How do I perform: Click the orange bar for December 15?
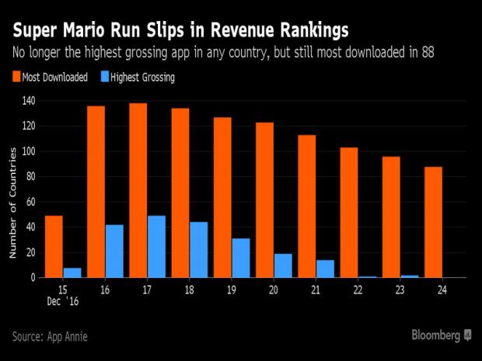pos(54,246)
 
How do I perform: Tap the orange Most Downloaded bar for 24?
pos(434,221)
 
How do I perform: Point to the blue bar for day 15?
pos(72,272)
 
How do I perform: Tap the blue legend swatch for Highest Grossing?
pos(103,77)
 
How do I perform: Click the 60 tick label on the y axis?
pos(30,202)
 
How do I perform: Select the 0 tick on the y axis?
pos(33,277)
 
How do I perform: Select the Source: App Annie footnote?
pos(51,336)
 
